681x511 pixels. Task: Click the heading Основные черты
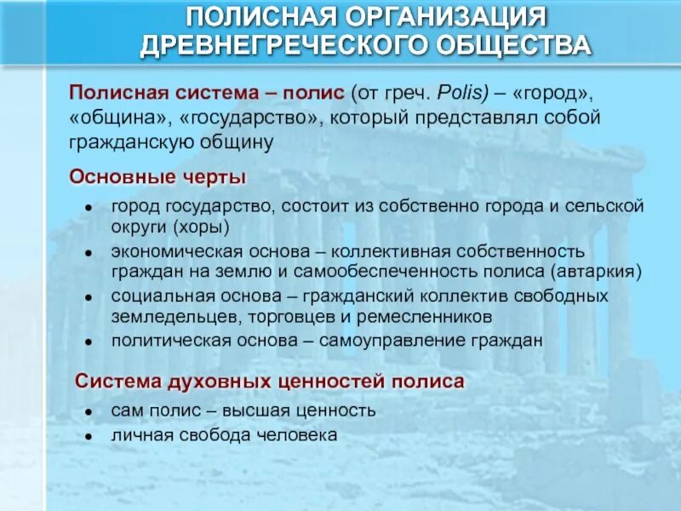pos(157,176)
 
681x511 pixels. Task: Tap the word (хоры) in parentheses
pos(200,227)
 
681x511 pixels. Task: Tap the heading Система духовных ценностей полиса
pos(270,381)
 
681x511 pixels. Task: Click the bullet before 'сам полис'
pos(89,411)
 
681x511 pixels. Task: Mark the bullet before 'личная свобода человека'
pos(89,435)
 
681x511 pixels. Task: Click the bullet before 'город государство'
pos(89,208)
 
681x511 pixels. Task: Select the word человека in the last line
pos(301,434)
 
